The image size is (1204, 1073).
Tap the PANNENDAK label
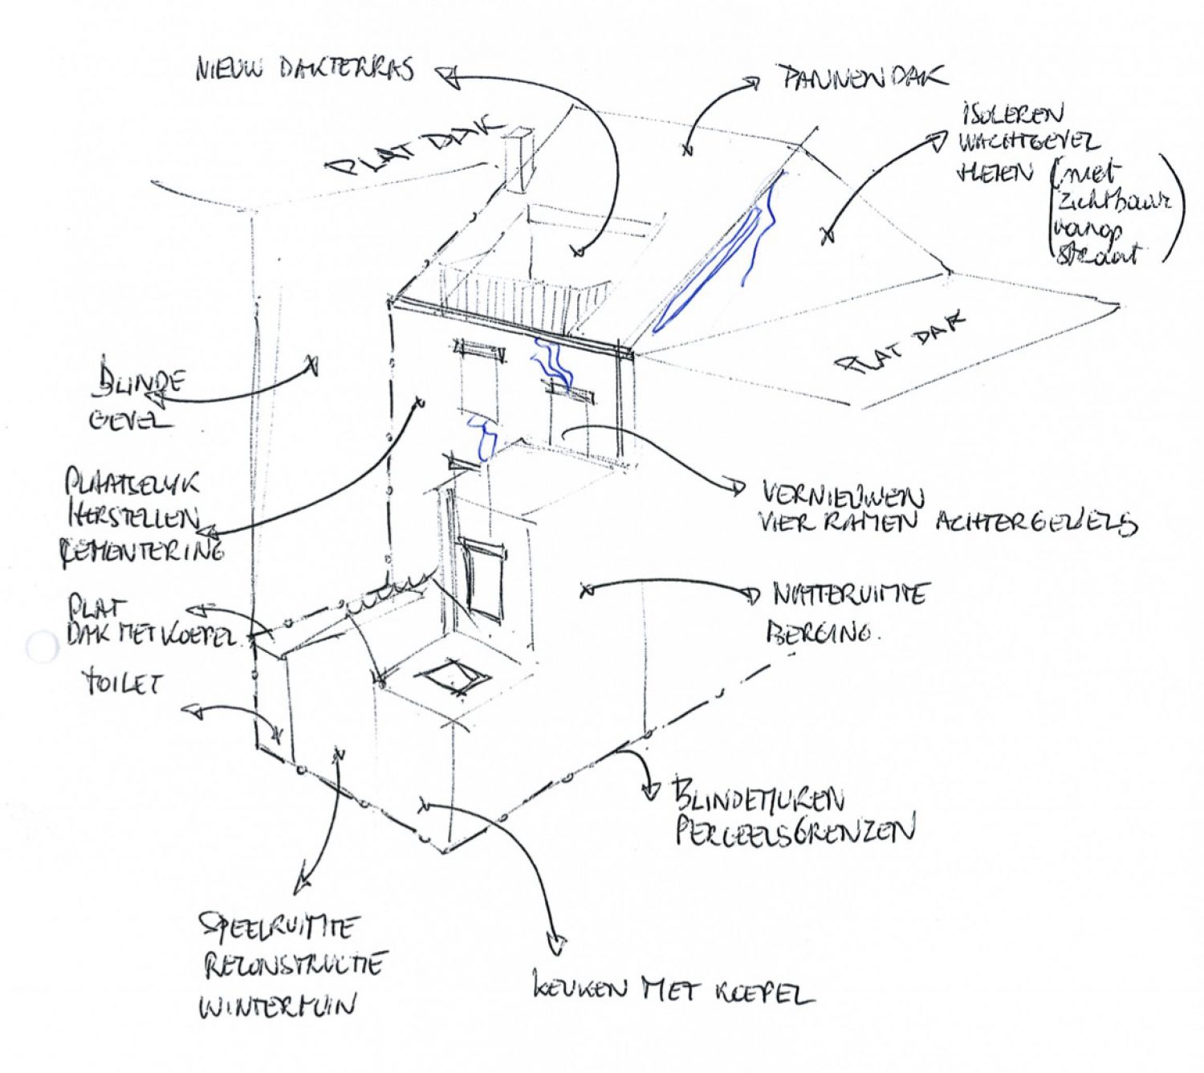(x=861, y=78)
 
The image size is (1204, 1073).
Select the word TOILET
(x=123, y=683)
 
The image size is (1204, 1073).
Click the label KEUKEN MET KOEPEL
(x=673, y=989)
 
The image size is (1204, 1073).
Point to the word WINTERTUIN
(x=277, y=1006)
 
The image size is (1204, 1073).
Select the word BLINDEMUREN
(x=759, y=798)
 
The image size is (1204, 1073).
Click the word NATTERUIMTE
(x=849, y=594)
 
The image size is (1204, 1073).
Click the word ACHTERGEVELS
(x=1035, y=523)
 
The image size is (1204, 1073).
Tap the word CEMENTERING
(x=142, y=552)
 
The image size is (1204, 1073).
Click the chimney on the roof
(x=515, y=161)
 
